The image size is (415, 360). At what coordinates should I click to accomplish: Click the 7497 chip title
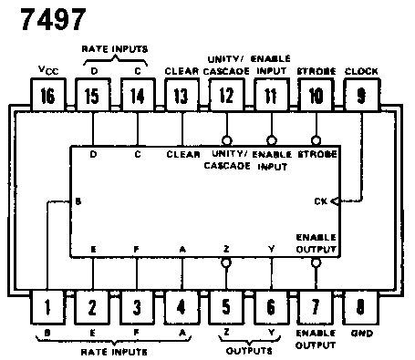point(54,19)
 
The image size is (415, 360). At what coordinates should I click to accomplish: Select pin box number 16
point(48,95)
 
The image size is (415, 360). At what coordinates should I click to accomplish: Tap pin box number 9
point(361,95)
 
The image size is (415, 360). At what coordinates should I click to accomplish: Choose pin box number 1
point(47,307)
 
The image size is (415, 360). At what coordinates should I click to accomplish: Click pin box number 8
point(360,307)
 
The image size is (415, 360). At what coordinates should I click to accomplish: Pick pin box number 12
point(226,95)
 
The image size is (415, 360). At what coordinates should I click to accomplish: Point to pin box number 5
point(226,307)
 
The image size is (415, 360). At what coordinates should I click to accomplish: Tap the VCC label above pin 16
point(48,70)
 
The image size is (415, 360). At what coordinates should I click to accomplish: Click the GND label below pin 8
point(362,334)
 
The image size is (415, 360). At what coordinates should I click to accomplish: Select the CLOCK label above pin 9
point(361,71)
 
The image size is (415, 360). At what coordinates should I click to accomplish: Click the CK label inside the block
point(321,201)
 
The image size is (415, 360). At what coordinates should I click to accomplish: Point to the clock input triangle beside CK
point(335,201)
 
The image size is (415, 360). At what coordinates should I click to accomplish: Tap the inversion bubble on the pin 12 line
point(227,140)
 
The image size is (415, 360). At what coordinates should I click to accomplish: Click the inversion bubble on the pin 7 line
point(316,262)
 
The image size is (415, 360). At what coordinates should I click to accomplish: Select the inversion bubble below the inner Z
point(226,262)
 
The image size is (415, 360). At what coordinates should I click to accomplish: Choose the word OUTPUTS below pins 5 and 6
point(249,351)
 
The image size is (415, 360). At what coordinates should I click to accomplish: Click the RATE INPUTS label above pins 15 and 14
point(115,49)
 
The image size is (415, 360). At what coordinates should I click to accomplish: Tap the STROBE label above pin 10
point(316,71)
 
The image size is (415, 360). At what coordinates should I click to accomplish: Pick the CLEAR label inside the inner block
point(183,154)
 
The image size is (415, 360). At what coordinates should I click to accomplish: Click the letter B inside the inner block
point(78,201)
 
